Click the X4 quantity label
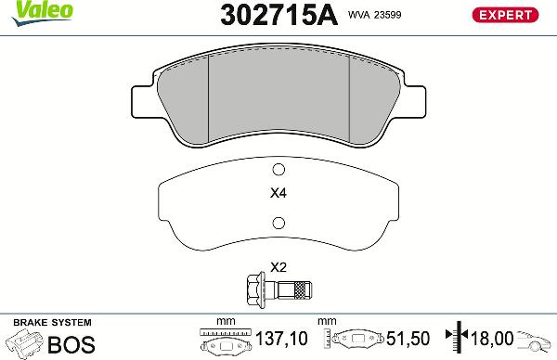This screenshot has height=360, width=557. tap(278, 195)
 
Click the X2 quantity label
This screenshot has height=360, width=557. tap(278, 266)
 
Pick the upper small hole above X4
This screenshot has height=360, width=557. tap(278, 170)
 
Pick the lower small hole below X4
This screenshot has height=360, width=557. tap(278, 222)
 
